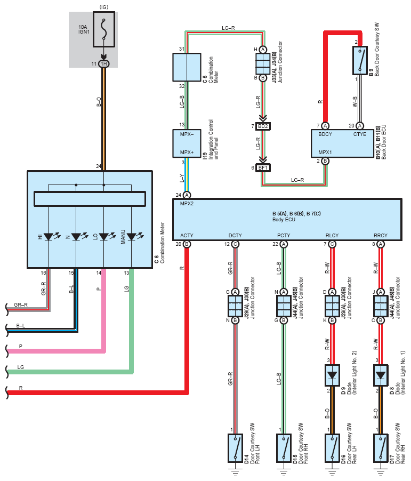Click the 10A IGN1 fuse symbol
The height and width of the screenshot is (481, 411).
(104, 29)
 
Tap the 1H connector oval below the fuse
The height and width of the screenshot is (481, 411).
(104, 64)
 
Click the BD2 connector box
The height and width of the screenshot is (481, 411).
(263, 126)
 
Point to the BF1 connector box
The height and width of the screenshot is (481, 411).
(263, 168)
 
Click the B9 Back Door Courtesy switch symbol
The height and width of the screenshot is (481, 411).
(360, 60)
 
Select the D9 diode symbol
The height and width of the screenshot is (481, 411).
(332, 375)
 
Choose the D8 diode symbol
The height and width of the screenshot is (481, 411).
(381, 375)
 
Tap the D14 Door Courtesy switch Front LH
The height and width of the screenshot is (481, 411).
(235, 448)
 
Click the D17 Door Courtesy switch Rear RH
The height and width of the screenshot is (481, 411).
(381, 448)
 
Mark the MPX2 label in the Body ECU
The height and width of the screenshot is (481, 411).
(187, 204)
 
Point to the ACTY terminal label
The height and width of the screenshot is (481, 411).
(187, 235)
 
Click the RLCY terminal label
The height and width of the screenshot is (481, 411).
(332, 235)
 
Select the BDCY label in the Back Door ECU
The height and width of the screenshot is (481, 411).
(325, 134)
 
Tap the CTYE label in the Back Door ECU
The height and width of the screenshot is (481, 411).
(360, 134)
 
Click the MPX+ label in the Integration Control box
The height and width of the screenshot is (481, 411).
(187, 152)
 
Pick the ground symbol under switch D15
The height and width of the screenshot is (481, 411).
(284, 472)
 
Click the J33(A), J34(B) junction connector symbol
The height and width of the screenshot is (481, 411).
(263, 64)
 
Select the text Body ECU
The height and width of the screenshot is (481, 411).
(284, 220)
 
